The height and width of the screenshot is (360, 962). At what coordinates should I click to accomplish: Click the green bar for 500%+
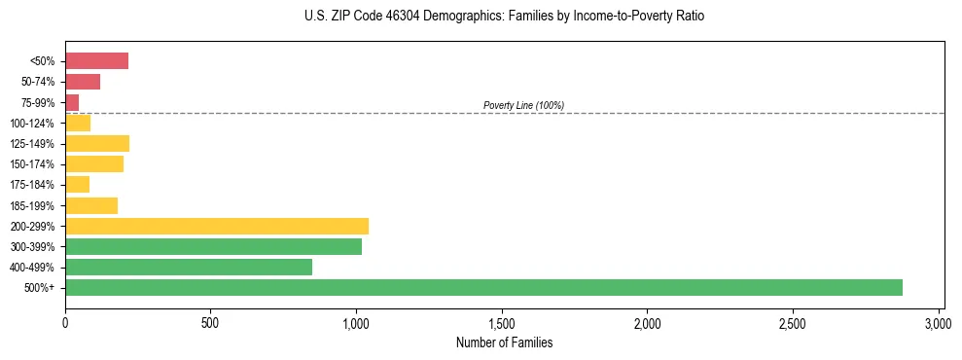[x=483, y=287]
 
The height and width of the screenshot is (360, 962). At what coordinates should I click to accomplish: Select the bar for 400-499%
[x=189, y=267]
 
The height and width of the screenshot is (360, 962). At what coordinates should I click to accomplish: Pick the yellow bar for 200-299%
[x=217, y=226]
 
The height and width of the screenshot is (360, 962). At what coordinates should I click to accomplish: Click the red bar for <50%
[x=96, y=61]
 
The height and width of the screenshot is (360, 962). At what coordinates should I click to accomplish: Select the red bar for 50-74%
[x=83, y=82]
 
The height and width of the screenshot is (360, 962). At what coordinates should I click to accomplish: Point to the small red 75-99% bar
[x=72, y=102]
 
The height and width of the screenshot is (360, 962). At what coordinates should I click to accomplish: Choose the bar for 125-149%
[x=97, y=144]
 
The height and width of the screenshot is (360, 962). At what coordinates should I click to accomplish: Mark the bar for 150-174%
[x=94, y=164]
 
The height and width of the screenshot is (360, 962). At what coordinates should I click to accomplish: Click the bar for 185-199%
[x=91, y=205]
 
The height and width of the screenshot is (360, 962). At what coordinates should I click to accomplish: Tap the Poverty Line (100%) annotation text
[x=523, y=105]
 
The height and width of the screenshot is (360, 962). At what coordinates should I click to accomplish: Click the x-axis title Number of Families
[x=504, y=342]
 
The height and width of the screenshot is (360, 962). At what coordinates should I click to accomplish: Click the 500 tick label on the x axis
[x=210, y=323]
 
